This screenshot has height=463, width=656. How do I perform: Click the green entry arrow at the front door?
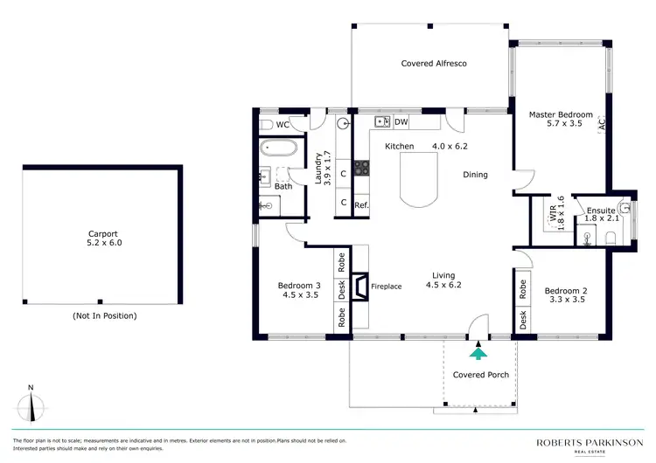click(x=478, y=352)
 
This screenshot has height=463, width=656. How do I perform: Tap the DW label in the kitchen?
click(x=401, y=121)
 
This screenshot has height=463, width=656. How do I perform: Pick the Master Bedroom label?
click(x=561, y=120)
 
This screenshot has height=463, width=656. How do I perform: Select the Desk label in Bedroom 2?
click(x=523, y=320)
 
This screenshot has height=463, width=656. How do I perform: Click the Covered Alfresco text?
click(x=431, y=64)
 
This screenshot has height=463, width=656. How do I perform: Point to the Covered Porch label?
click(x=480, y=375)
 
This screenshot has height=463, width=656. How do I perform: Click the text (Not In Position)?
click(x=104, y=315)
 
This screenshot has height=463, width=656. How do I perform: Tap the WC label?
click(x=283, y=125)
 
